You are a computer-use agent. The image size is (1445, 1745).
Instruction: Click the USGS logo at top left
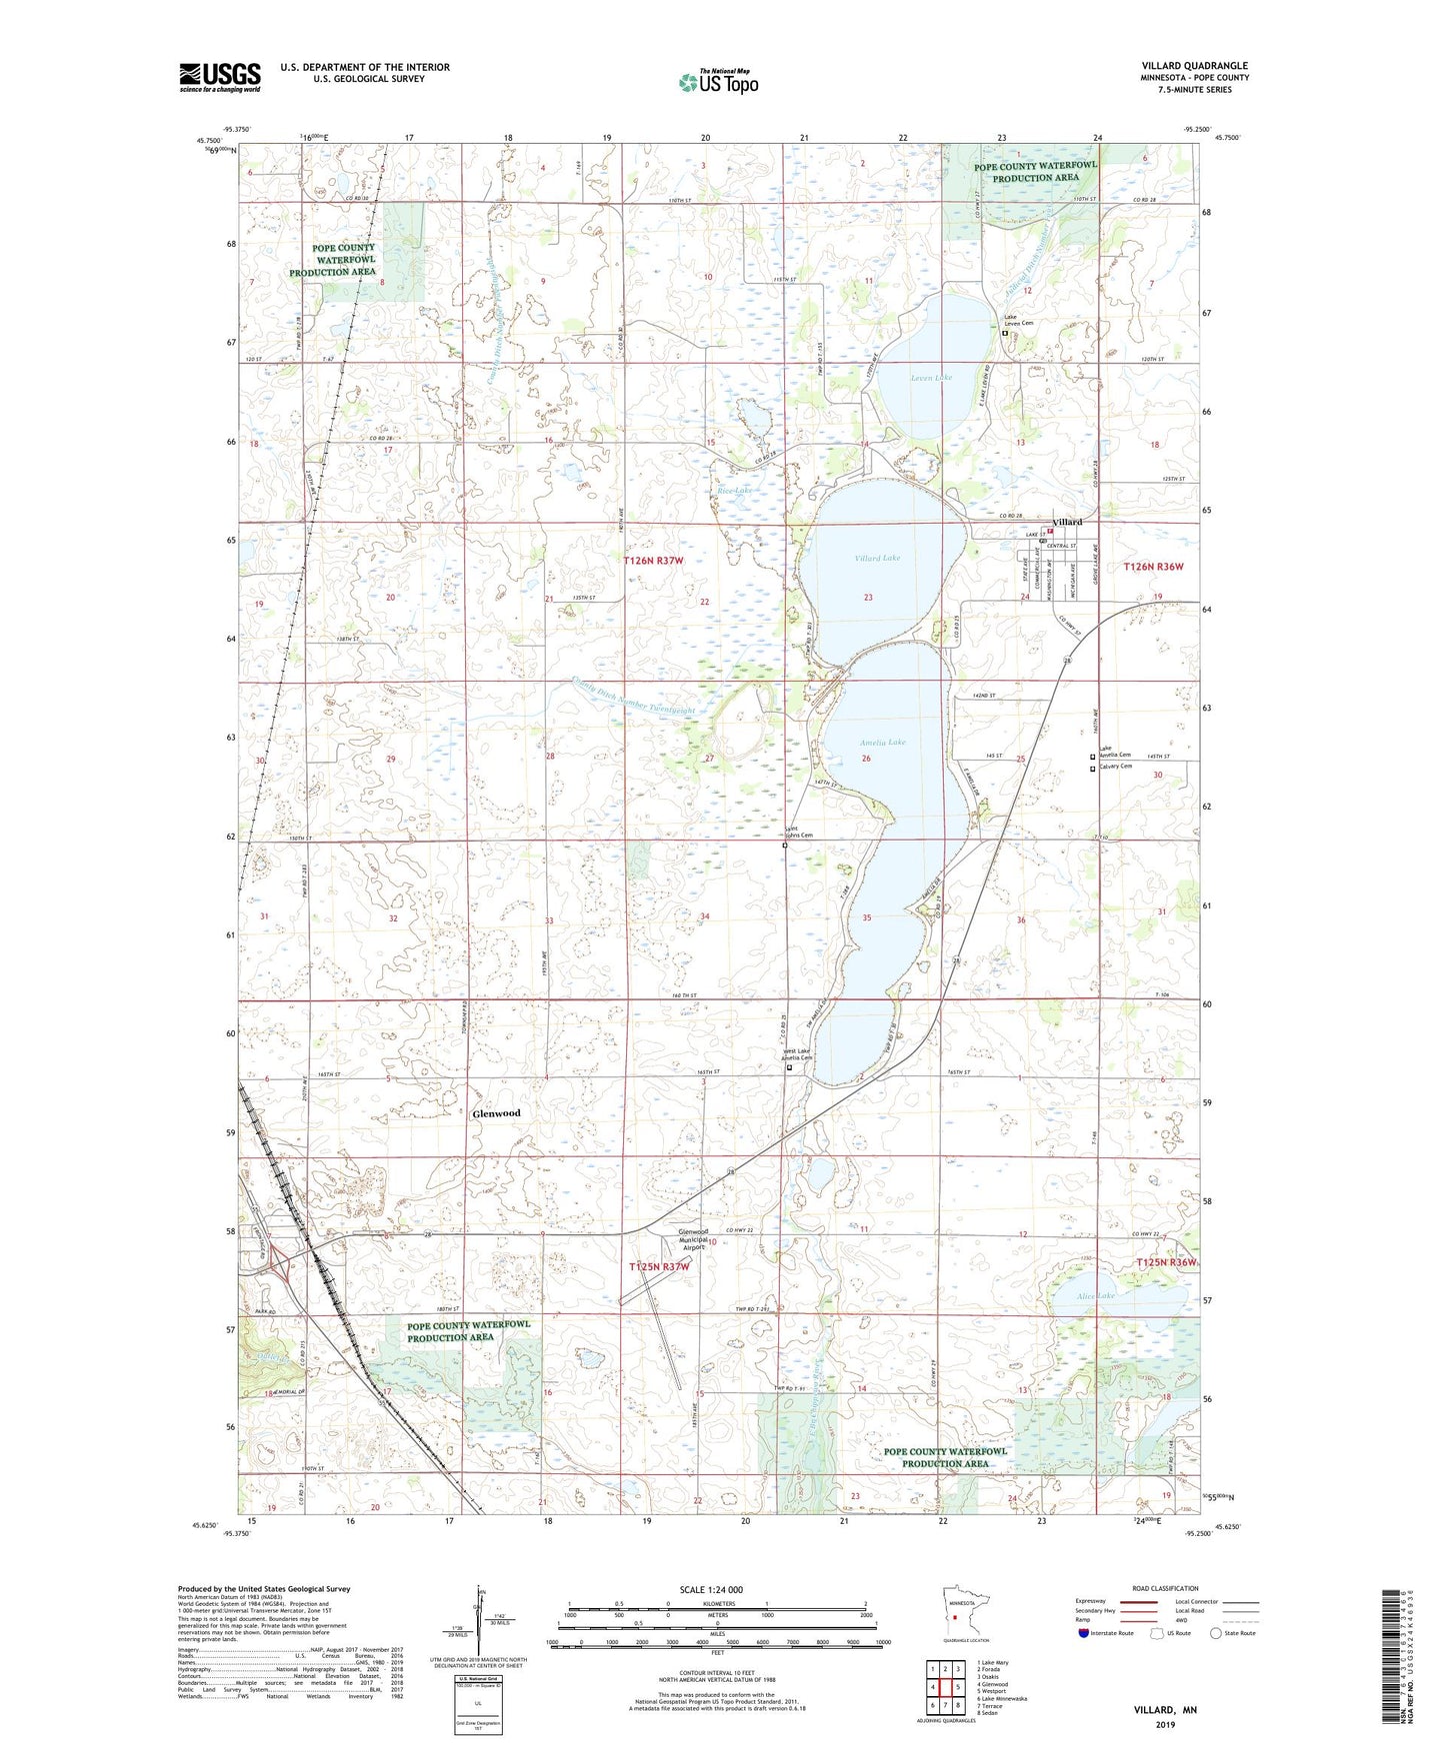click(x=220, y=77)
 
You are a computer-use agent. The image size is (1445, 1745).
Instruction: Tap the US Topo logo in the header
click(x=717, y=81)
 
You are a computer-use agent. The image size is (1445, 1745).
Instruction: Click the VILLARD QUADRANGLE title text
click(x=1194, y=66)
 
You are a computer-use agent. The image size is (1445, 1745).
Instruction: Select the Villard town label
click(x=1067, y=523)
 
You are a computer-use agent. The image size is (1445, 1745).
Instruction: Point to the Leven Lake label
click(x=931, y=378)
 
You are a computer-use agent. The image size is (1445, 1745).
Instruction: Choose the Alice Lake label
click(x=1095, y=1296)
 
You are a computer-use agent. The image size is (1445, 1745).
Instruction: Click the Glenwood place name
click(x=496, y=1113)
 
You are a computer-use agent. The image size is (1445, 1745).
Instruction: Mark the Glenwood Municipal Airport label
click(x=693, y=1239)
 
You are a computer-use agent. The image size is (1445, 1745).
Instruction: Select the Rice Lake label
click(x=734, y=491)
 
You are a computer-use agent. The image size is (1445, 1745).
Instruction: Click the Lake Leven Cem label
click(x=1019, y=323)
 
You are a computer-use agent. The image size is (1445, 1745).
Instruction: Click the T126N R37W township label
click(x=654, y=561)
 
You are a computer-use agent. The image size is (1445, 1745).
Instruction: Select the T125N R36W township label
click(x=1166, y=1263)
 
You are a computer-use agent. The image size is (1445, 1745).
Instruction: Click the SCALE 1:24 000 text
click(x=711, y=1590)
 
